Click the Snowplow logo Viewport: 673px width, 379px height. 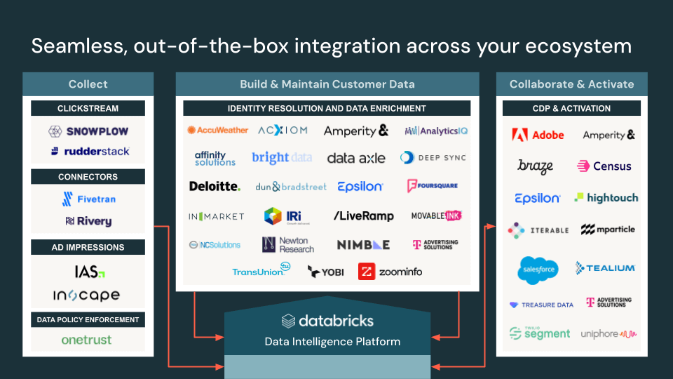pyautogui.click(x=88, y=131)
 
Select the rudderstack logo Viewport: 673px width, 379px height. pyautogui.click(x=90, y=151)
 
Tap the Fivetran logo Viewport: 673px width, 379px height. pyautogui.click(x=88, y=199)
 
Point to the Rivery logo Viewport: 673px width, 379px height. pyautogui.click(x=88, y=221)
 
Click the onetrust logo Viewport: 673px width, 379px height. pyautogui.click(x=86, y=340)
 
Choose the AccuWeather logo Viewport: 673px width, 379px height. pyautogui.click(x=217, y=130)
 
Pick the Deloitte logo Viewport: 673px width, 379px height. pyautogui.click(x=215, y=186)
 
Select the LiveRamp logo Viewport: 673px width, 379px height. pyautogui.click(x=363, y=216)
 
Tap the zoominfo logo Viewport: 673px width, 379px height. pyautogui.click(x=390, y=271)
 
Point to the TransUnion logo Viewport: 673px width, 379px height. pyautogui.click(x=261, y=271)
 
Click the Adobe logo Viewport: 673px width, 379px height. pyautogui.click(x=538, y=135)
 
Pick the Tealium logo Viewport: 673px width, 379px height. pyautogui.click(x=605, y=267)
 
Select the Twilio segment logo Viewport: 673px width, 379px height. pyautogui.click(x=539, y=333)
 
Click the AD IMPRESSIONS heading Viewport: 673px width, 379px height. pyautogui.click(x=88, y=247)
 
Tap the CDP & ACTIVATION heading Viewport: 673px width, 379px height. pyautogui.click(x=571, y=109)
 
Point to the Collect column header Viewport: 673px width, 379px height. pyautogui.click(x=88, y=84)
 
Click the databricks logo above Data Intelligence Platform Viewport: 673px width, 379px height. pyautogui.click(x=327, y=321)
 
